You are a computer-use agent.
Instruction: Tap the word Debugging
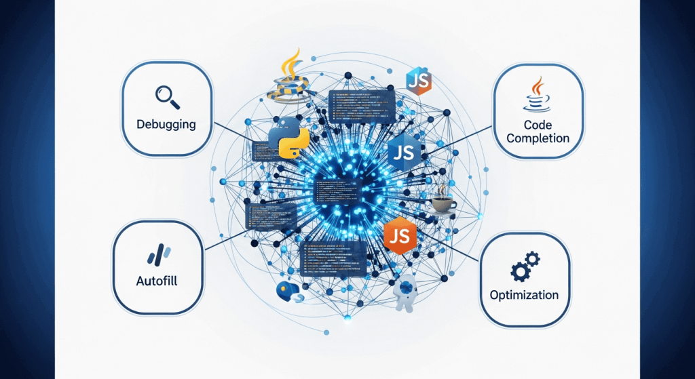pyautogui.click(x=166, y=125)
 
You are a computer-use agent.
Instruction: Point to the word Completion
pyautogui.click(x=537, y=138)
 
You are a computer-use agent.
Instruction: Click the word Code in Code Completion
pyautogui.click(x=538, y=125)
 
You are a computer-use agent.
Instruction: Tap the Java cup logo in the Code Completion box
pyautogui.click(x=536, y=94)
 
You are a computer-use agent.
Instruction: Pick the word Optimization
pyautogui.click(x=524, y=295)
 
